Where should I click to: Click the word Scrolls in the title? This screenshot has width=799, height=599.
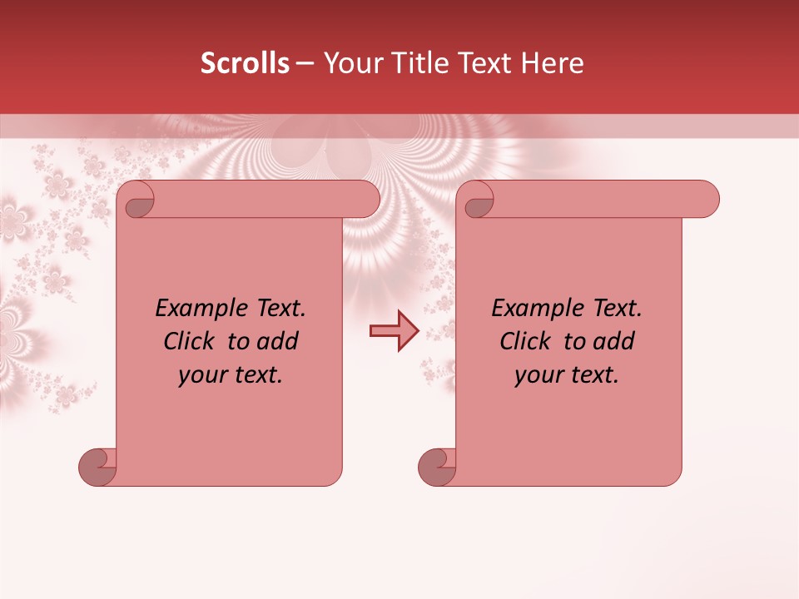click(x=245, y=63)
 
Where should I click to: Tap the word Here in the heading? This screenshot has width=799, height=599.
click(x=553, y=63)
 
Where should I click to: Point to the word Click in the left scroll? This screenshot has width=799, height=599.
click(x=192, y=342)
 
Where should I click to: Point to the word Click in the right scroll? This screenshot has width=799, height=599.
click(x=529, y=342)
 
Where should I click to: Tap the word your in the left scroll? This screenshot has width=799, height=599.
click(x=202, y=375)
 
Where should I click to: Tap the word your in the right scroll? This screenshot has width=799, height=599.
click(x=538, y=375)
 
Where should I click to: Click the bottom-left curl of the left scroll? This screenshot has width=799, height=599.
click(x=97, y=467)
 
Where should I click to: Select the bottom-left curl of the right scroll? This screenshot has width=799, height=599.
click(x=436, y=467)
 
